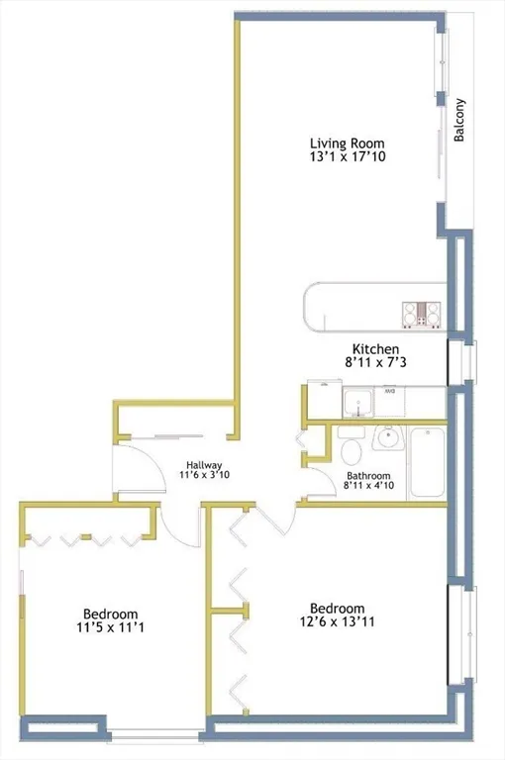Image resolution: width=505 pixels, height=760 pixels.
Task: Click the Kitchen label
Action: (x=375, y=349)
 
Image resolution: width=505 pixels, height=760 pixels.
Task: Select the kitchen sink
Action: (x=357, y=403)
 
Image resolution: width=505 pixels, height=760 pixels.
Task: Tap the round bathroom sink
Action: (x=387, y=436)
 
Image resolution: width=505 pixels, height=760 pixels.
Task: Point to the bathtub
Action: (x=428, y=460)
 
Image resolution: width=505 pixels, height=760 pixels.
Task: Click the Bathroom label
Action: (x=368, y=476)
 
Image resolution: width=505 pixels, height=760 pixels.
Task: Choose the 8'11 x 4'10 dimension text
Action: (x=368, y=487)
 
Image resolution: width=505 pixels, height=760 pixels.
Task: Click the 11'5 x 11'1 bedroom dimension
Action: (x=110, y=627)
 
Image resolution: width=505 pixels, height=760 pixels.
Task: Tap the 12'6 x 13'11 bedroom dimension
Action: (x=337, y=622)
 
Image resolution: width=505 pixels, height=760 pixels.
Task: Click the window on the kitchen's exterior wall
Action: (x=460, y=362)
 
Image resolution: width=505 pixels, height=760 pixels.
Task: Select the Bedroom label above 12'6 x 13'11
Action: (x=337, y=608)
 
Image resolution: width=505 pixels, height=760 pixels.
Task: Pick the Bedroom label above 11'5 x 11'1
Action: (x=110, y=613)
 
